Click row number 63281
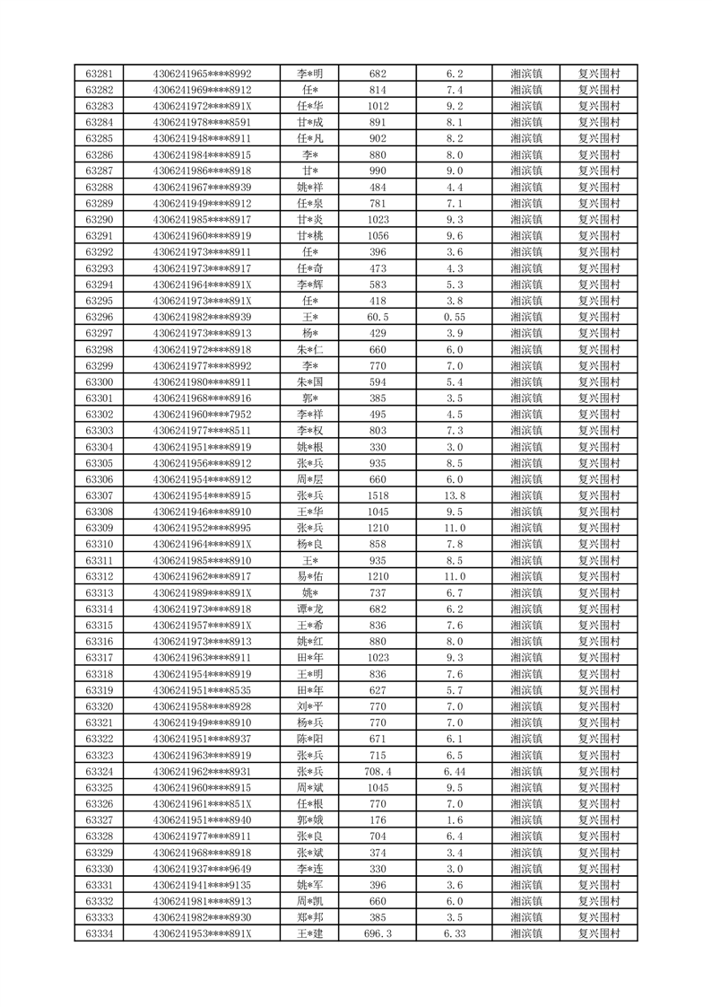click(99, 74)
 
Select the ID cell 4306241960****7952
click(203, 414)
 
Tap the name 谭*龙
click(310, 609)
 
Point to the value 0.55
click(454, 317)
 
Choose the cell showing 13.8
click(454, 495)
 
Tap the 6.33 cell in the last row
click(454, 933)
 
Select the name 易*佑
click(310, 576)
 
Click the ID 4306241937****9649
click(203, 868)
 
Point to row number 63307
click(99, 495)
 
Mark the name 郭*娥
click(310, 819)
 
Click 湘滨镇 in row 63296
click(525, 317)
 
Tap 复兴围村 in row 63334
click(598, 933)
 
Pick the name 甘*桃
click(310, 236)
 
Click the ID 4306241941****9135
click(203, 884)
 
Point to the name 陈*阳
click(310, 739)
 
